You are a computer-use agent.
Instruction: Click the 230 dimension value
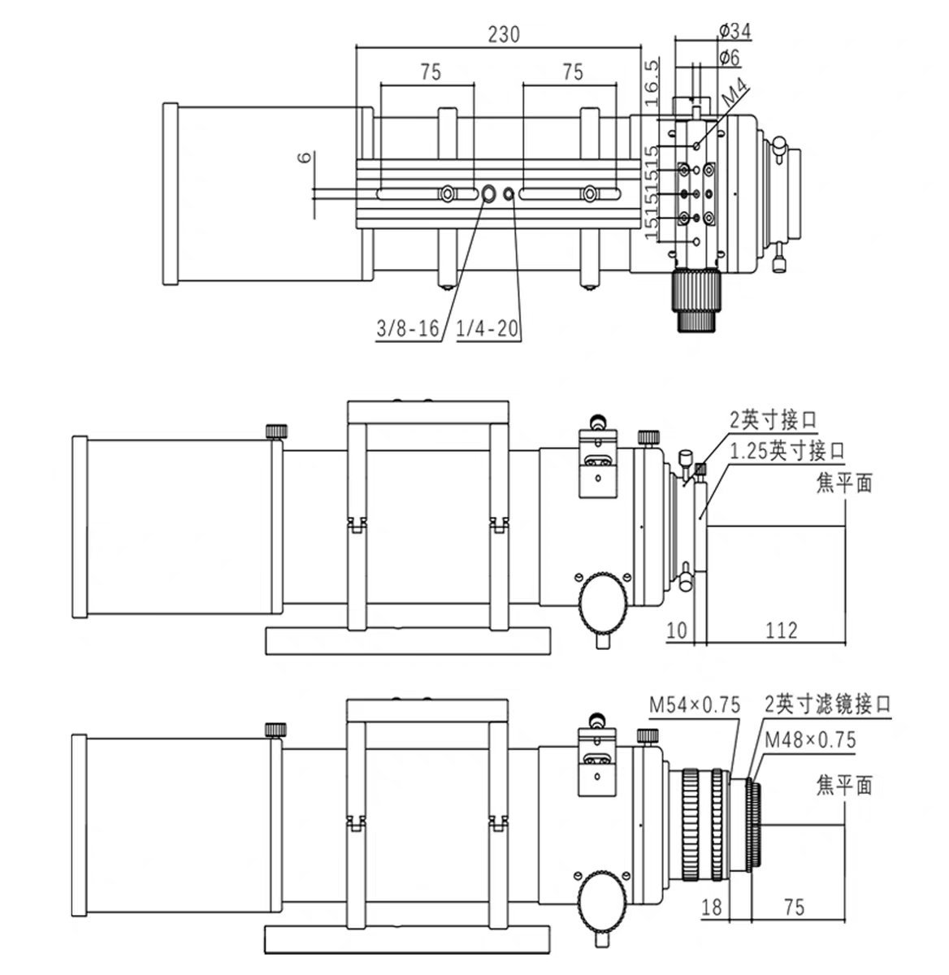tap(503, 34)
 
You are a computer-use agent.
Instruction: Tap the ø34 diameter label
tap(734, 32)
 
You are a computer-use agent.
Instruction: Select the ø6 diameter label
tap(730, 57)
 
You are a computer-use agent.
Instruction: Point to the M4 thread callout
tap(735, 93)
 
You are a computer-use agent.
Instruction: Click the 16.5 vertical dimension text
tap(651, 82)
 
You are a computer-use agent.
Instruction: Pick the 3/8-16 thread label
tap(407, 329)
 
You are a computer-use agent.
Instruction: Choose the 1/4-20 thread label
tap(487, 329)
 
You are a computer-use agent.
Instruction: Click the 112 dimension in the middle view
tap(781, 630)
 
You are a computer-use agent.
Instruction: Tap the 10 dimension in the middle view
tap(677, 630)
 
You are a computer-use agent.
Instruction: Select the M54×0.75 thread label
tap(695, 705)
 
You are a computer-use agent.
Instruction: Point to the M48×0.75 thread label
tap(810, 739)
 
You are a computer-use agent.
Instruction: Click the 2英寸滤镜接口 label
tap(827, 704)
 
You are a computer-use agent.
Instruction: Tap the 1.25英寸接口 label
tap(787, 451)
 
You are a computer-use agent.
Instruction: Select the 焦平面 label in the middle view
tap(843, 483)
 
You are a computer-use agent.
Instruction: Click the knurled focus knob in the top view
tap(696, 300)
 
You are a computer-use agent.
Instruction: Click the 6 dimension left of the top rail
tap(304, 158)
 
